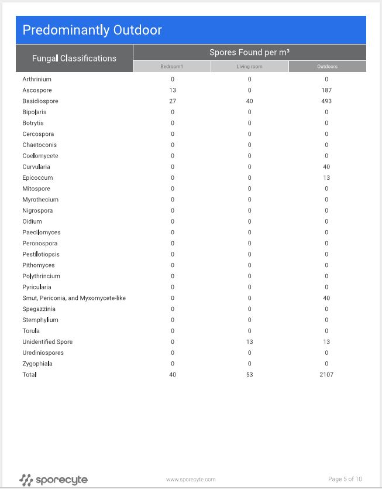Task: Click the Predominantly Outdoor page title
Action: (x=92, y=30)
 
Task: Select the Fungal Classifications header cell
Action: (x=74, y=59)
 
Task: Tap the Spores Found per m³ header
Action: (x=249, y=52)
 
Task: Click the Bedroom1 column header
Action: (x=172, y=67)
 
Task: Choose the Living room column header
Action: (x=249, y=67)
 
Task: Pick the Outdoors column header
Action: (x=327, y=67)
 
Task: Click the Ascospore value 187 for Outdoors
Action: (x=326, y=90)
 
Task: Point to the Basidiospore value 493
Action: (x=326, y=101)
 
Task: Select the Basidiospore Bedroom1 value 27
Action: (x=172, y=101)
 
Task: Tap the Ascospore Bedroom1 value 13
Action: (x=172, y=90)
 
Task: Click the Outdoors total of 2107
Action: (x=326, y=375)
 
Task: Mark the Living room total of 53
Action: (x=249, y=375)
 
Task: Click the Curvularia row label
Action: (x=36, y=167)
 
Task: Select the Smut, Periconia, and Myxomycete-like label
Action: (x=74, y=298)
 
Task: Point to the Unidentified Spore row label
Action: (x=47, y=342)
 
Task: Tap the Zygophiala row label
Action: (x=37, y=364)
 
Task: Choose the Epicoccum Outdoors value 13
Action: (x=326, y=178)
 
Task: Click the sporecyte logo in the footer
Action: (x=53, y=480)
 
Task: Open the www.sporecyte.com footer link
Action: (x=191, y=480)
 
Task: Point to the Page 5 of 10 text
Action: (x=345, y=479)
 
